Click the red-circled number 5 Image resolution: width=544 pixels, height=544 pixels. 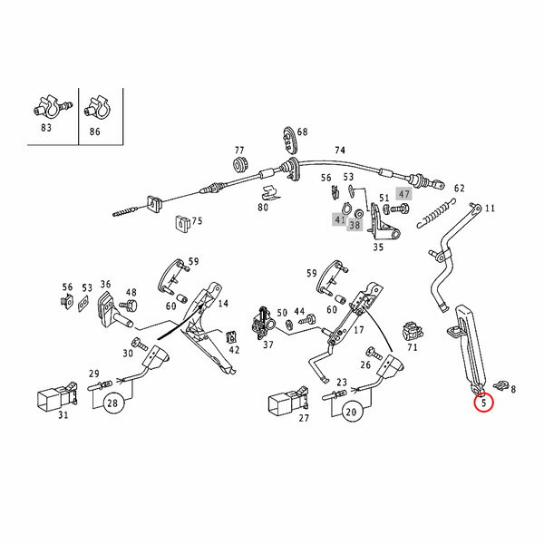click(x=483, y=401)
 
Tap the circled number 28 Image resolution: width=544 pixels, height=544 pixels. click(x=113, y=403)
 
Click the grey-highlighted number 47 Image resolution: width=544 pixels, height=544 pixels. click(x=404, y=194)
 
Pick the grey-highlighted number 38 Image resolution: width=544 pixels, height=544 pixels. click(x=355, y=225)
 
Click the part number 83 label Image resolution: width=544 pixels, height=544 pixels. click(x=46, y=128)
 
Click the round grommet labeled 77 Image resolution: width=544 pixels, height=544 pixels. click(x=241, y=165)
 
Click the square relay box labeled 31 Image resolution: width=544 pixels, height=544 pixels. click(x=50, y=396)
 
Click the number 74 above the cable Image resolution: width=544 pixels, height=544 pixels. click(x=340, y=151)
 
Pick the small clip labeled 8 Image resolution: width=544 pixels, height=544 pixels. click(x=503, y=382)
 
